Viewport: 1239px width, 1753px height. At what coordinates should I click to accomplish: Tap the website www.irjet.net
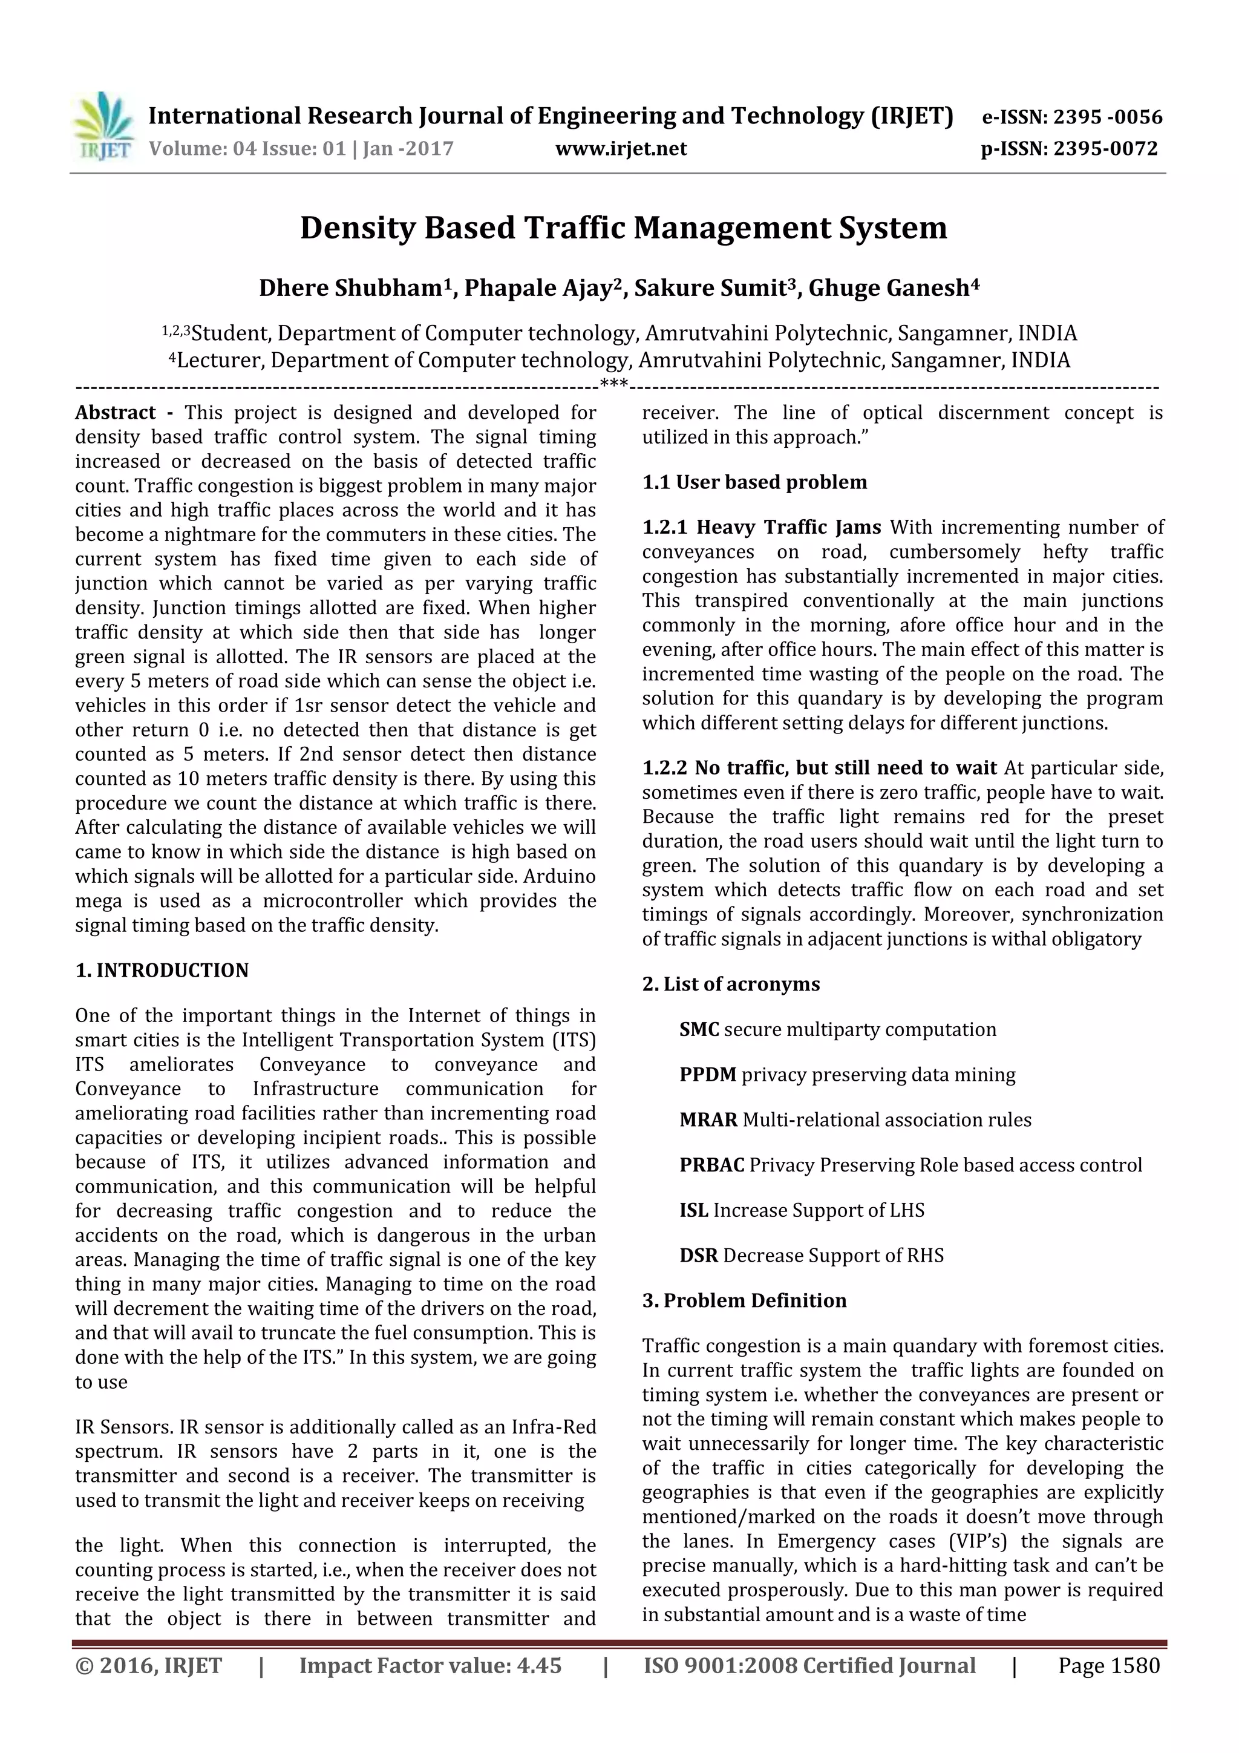click(x=621, y=149)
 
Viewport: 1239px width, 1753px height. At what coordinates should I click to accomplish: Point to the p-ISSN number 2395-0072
click(x=1105, y=149)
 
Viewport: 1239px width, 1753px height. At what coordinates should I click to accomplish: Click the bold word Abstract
click(x=116, y=413)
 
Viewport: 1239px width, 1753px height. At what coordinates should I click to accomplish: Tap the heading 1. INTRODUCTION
click(x=162, y=971)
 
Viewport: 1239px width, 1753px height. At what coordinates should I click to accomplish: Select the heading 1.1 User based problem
click(x=754, y=482)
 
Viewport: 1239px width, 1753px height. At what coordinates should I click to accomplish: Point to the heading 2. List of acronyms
click(x=731, y=984)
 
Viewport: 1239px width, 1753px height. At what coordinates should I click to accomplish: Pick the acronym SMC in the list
click(x=699, y=1030)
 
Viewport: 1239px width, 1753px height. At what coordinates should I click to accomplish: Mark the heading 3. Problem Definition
click(x=744, y=1301)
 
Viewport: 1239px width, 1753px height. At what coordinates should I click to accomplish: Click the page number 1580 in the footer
click(x=1134, y=1666)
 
